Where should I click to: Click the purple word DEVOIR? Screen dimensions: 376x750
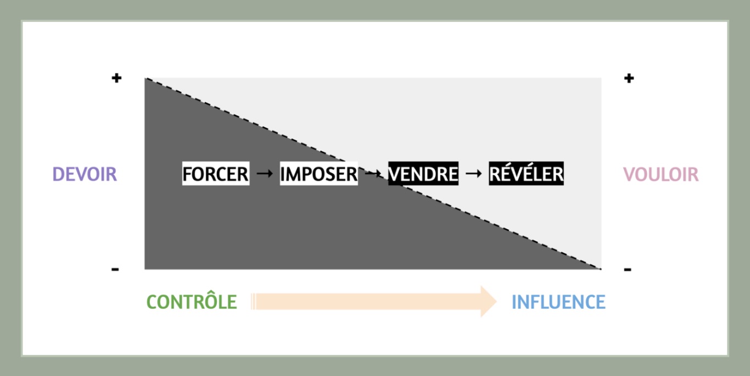pyautogui.click(x=85, y=174)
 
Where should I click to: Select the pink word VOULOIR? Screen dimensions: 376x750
pyautogui.click(x=661, y=174)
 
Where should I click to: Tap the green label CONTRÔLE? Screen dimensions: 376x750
pyautogui.click(x=192, y=302)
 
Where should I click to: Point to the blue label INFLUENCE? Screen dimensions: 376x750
pyautogui.click(x=558, y=302)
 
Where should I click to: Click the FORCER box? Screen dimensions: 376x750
pyautogui.click(x=216, y=174)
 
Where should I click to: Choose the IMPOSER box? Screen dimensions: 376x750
pyautogui.click(x=319, y=174)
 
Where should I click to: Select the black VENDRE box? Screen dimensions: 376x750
pyautogui.click(x=423, y=174)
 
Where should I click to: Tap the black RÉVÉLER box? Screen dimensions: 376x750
pyautogui.click(x=526, y=174)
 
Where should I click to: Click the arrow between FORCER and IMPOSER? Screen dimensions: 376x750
pyautogui.click(x=265, y=174)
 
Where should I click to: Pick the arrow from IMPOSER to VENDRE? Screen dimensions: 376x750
pyautogui.click(x=373, y=174)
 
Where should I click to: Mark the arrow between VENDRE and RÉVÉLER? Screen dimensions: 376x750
pyautogui.click(x=473, y=174)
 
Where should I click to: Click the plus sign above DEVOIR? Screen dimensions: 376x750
pyautogui.click(x=116, y=78)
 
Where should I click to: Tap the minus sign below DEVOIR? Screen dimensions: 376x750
pyautogui.click(x=115, y=269)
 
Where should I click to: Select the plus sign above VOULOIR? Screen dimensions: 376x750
pyautogui.click(x=629, y=78)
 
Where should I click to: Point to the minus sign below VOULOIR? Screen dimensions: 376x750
pyautogui.click(x=628, y=269)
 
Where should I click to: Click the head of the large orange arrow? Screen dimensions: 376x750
pyautogui.click(x=488, y=301)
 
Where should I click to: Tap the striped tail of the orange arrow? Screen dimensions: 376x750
pyautogui.click(x=254, y=301)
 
